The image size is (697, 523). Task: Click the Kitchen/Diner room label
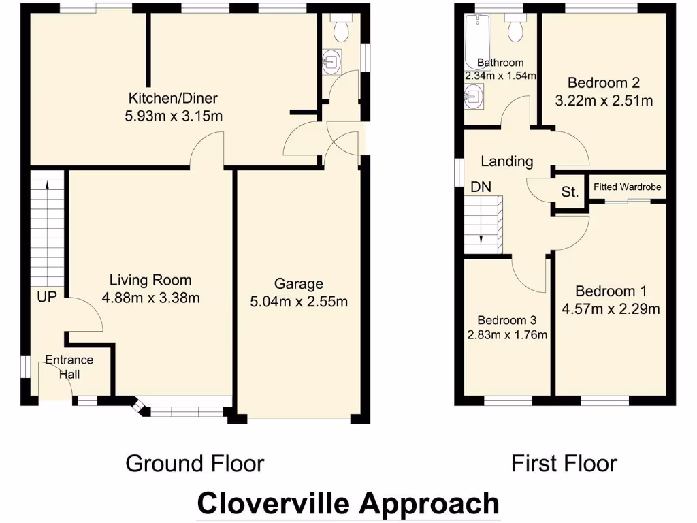174,99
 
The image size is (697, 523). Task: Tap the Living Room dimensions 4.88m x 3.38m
150,298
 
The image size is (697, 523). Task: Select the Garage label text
298,284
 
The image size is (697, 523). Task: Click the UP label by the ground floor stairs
46,297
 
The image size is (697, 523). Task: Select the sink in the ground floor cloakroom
331,62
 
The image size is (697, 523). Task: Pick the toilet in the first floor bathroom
515,28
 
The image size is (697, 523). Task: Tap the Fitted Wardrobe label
627,187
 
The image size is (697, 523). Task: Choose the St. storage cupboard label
570,193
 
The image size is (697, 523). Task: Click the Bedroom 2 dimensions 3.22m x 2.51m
604,101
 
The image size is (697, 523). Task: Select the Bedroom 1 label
610,291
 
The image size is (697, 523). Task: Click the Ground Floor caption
195,464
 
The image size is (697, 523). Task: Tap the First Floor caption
564,464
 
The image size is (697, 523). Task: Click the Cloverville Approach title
348,504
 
